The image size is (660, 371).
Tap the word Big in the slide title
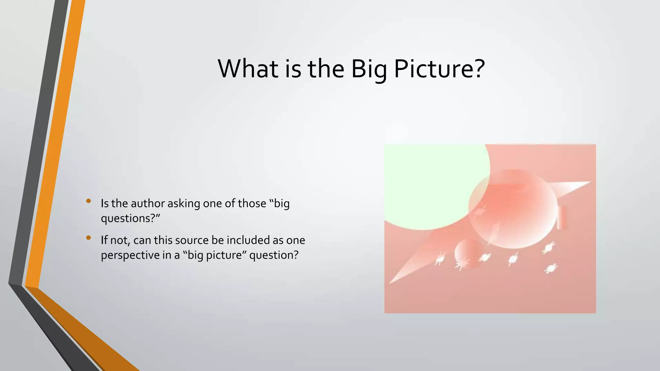[369, 69]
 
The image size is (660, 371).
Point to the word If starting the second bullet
[104, 240]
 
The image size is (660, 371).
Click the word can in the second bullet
[142, 241]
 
